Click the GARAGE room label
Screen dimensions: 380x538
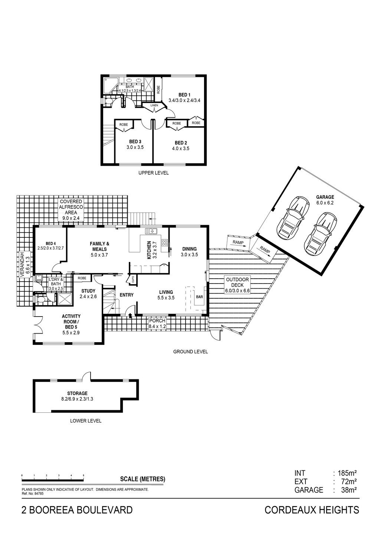pyautogui.click(x=325, y=197)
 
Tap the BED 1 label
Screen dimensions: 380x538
pyautogui.click(x=184, y=95)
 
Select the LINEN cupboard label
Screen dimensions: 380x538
pyautogui.click(x=154, y=106)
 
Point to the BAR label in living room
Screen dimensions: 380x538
pyautogui.click(x=199, y=297)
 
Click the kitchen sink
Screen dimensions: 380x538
pyautogui.click(x=151, y=231)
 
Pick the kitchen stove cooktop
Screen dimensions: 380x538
pyautogui.click(x=164, y=242)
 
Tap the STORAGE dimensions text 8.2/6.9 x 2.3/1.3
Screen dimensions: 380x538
pyautogui.click(x=77, y=399)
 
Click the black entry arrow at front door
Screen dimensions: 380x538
pyautogui.click(x=130, y=315)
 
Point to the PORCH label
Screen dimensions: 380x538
pyautogui.click(x=157, y=321)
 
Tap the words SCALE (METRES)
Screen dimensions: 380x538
pyautogui.click(x=143, y=479)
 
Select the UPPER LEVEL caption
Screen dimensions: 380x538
pyautogui.click(x=154, y=173)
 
